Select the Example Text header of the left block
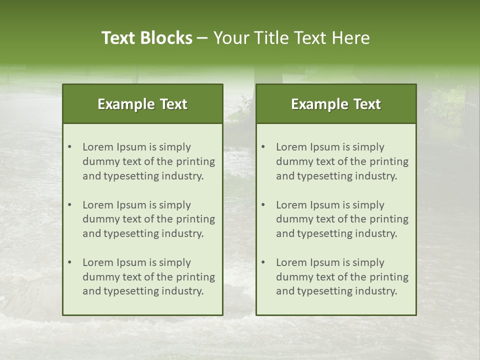click(x=142, y=104)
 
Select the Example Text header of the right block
click(x=336, y=104)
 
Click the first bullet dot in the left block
click(x=70, y=147)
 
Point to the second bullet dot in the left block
click(x=70, y=205)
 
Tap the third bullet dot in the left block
click(x=70, y=262)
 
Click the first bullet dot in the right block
click(x=263, y=147)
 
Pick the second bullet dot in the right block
click(x=263, y=205)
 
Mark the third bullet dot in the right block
click(x=263, y=262)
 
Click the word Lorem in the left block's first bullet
click(x=98, y=147)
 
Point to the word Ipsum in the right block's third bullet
click(x=328, y=262)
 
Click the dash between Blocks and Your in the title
click(x=202, y=38)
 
